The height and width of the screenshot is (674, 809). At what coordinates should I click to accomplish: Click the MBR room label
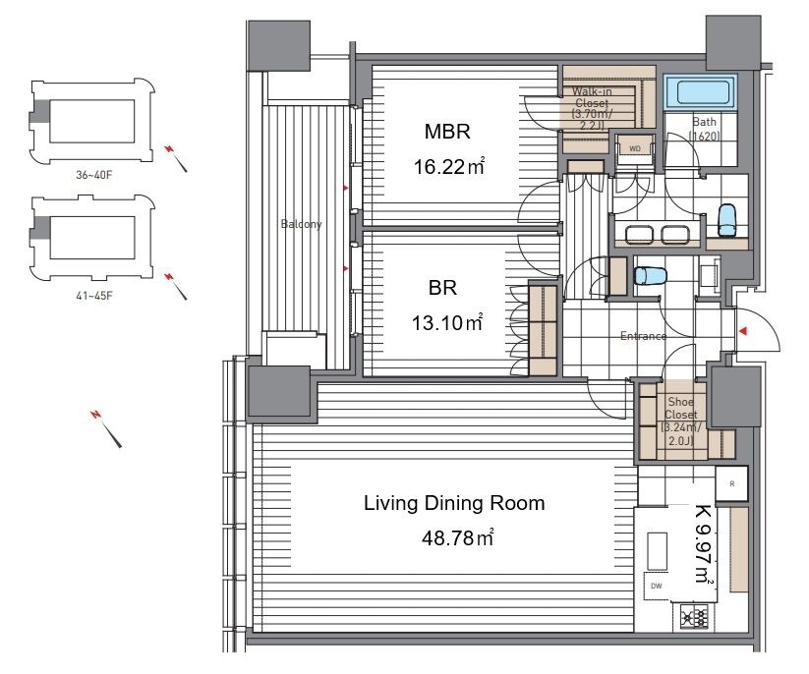(x=447, y=132)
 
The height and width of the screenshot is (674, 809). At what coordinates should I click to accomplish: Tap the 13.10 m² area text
(x=447, y=323)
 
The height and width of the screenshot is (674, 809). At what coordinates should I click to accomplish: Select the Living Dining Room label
(x=454, y=503)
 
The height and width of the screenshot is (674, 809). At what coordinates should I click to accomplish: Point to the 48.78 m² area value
(x=457, y=537)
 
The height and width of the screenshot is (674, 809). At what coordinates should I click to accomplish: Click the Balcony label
(x=302, y=224)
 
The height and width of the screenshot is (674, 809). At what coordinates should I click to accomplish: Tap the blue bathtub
(x=700, y=91)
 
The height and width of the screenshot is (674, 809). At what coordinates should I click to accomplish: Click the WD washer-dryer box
(x=635, y=149)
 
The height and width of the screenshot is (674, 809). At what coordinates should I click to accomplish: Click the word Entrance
(x=644, y=336)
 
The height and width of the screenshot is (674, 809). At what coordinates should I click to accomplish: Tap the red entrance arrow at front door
(x=743, y=330)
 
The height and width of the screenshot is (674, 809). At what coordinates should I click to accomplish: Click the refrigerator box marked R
(x=732, y=483)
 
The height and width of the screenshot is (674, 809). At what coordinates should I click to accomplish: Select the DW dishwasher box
(x=657, y=586)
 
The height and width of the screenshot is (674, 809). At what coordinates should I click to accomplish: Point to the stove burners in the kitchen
(x=694, y=616)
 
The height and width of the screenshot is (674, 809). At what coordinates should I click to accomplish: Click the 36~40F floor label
(x=94, y=175)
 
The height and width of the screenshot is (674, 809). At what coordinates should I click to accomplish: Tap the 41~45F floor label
(x=94, y=296)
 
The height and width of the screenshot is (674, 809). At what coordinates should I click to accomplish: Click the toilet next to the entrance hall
(x=650, y=275)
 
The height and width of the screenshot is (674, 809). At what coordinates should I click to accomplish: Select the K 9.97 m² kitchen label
(x=704, y=544)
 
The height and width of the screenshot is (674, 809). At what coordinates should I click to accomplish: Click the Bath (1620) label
(x=704, y=129)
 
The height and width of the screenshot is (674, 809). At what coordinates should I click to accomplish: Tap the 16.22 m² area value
(x=449, y=167)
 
